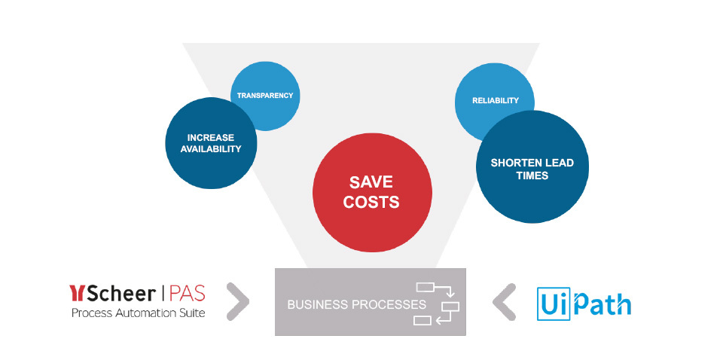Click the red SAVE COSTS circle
pos(372,193)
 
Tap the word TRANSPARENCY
pos(265,96)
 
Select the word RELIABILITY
pos(496,100)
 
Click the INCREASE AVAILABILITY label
pos(211,143)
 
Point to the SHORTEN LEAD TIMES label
pos(532,169)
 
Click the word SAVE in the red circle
pos(371,182)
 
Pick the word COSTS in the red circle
pos(371,202)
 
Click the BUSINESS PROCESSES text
pos(356,305)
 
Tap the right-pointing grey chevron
pos(238,301)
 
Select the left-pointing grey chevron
pos(504,302)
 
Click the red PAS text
pos(188,293)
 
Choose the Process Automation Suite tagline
pos(138,313)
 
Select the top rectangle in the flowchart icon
pos(426,288)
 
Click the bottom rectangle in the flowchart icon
pos(423,320)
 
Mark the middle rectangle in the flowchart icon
pos(450,307)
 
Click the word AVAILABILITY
pos(211,149)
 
